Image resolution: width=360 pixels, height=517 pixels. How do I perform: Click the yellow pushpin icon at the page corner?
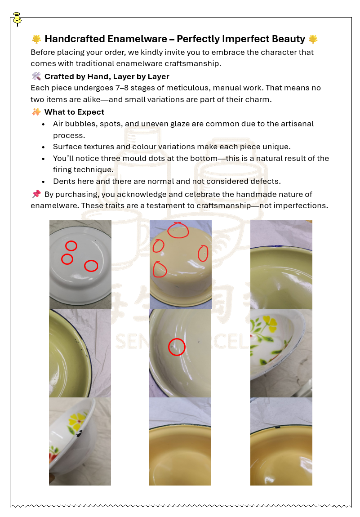17,19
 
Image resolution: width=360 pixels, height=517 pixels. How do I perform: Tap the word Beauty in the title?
289,39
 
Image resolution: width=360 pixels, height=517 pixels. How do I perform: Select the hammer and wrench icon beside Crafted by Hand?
36,76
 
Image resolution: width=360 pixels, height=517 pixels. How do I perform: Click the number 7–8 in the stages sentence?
122,88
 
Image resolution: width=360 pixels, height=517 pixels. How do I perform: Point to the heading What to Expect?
74,112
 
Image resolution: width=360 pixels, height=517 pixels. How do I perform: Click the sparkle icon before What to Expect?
36,112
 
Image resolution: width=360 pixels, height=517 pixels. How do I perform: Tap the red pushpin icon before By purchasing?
36,194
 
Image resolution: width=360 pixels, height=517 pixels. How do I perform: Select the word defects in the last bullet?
265,181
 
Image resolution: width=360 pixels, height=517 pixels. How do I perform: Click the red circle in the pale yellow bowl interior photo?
177,347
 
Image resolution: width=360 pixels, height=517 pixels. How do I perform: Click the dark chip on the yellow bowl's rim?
278,428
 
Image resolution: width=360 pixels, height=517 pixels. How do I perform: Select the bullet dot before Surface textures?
43,147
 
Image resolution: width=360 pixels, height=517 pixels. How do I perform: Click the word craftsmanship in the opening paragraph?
192,63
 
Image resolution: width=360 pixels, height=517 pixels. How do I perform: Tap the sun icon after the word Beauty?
313,39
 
